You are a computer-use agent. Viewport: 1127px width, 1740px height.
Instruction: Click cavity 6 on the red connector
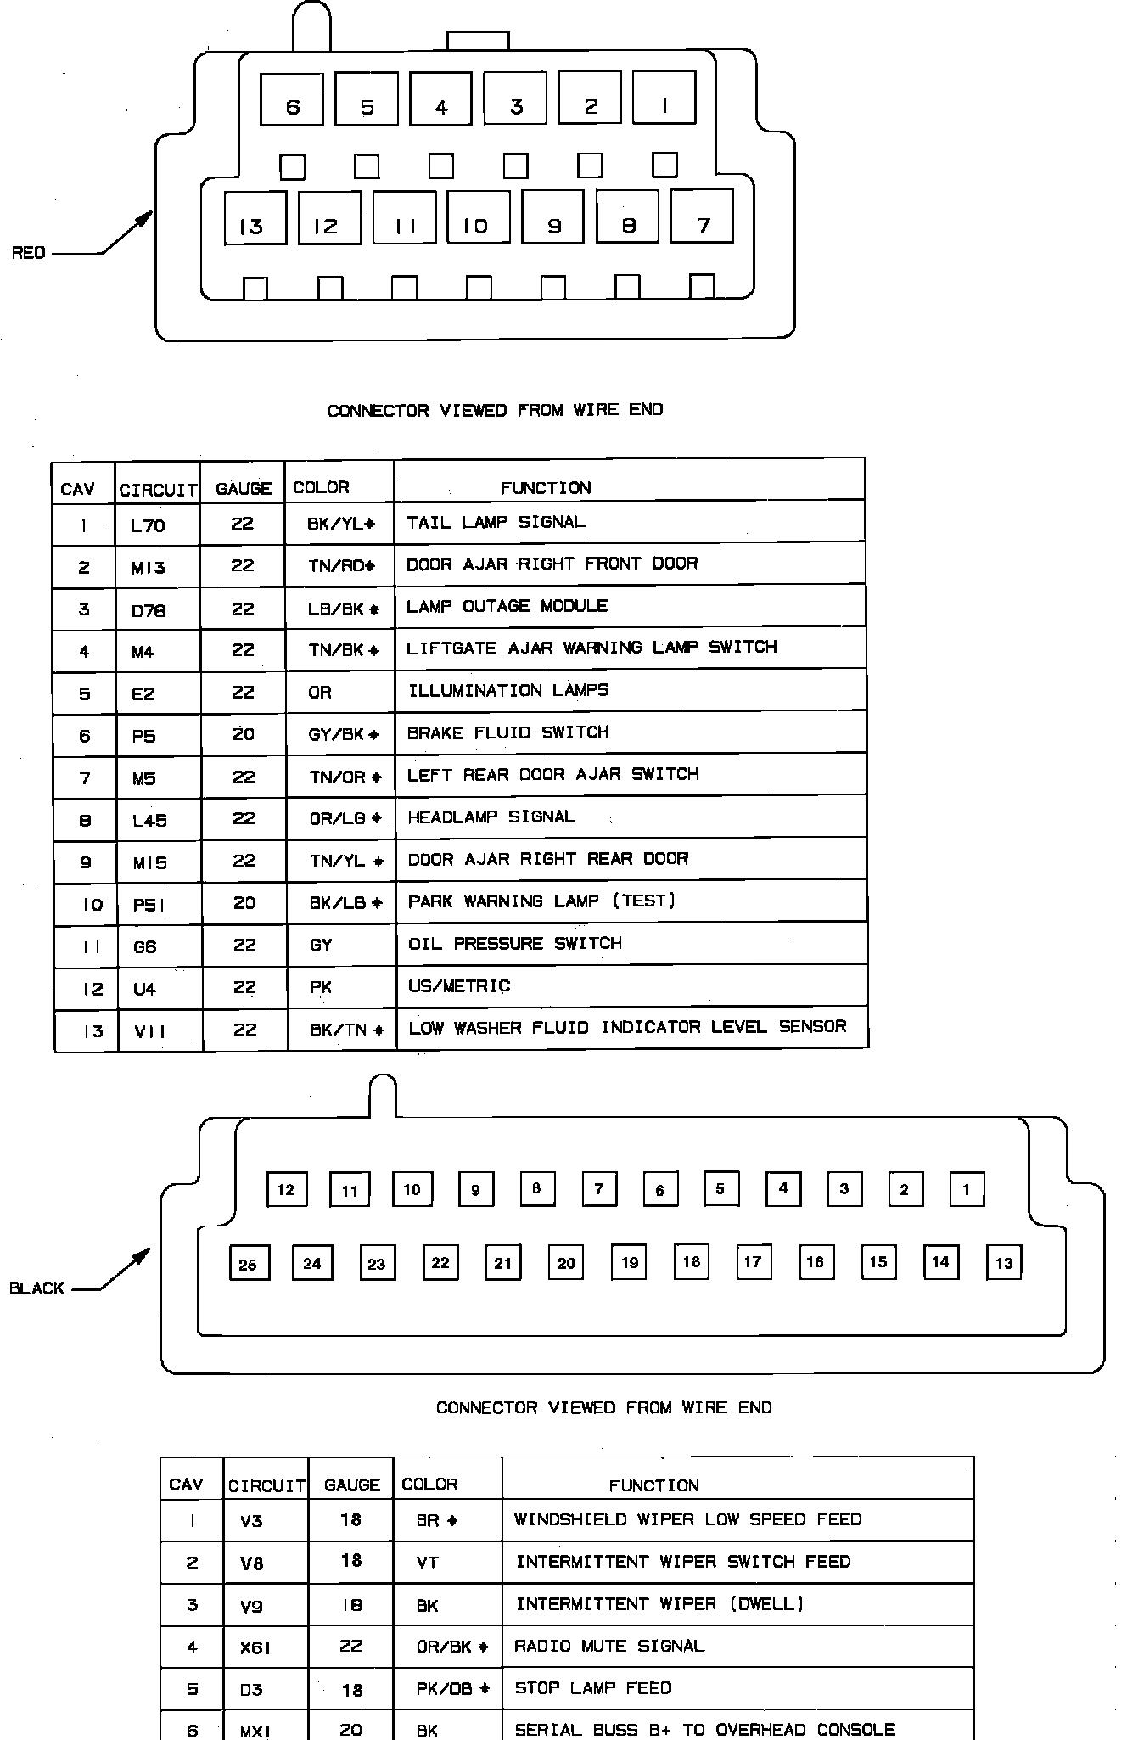pos(292,99)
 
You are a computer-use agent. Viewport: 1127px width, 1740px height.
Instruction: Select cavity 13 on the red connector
pos(255,218)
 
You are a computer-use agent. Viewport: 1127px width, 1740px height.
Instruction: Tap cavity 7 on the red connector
pos(702,216)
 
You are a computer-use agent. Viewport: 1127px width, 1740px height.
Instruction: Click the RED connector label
pos(28,253)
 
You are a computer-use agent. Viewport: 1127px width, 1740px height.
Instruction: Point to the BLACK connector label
pos(36,1288)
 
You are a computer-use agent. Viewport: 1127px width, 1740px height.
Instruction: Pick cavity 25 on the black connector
pos(248,1263)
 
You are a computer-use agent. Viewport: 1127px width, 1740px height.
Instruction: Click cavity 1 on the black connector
pos(967,1189)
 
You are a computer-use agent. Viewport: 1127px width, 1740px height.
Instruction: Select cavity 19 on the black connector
pos(629,1261)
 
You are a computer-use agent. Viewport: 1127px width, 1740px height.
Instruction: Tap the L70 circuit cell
pos(149,525)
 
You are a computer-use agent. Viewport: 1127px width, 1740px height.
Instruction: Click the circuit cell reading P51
pos(149,905)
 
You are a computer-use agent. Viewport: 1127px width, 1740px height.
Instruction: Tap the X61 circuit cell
pos(255,1647)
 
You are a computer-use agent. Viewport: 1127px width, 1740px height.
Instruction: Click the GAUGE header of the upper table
pos(244,489)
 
